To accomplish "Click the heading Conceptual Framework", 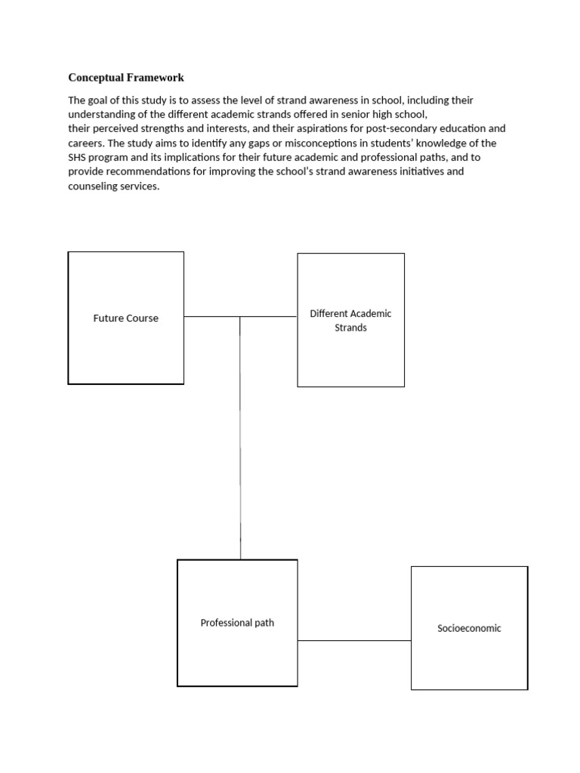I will click(126, 78).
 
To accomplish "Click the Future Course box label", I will click(125, 319).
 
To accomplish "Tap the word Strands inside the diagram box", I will click(350, 328).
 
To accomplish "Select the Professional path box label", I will click(237, 624).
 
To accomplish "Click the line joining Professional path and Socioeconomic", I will click(354, 641).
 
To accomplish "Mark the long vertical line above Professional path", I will click(240, 453).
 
